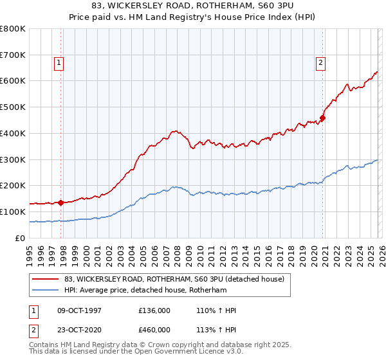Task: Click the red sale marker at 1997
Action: pos(61,203)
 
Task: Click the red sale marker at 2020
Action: pos(323,118)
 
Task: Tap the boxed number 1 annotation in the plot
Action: pos(59,62)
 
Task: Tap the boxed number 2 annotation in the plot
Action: pos(320,62)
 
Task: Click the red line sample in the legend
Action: pos(45,278)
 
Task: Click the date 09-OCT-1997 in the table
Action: pos(79,310)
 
